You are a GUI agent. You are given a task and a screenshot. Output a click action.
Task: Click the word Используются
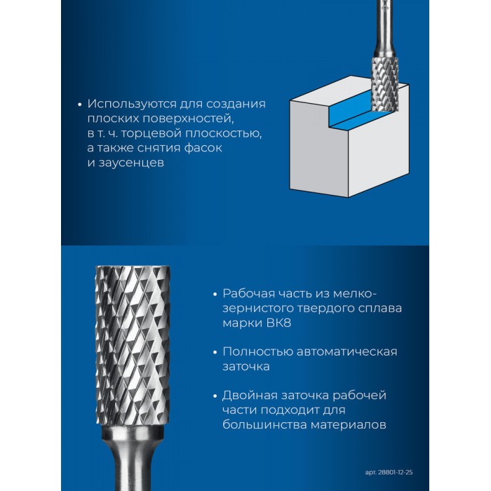click(132, 105)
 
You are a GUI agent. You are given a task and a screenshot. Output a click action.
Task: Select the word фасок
click(203, 148)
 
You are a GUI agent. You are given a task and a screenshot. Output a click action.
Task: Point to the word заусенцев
click(131, 163)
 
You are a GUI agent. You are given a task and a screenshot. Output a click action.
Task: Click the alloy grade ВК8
click(278, 323)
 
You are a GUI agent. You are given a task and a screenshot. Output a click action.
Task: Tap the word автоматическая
click(347, 351)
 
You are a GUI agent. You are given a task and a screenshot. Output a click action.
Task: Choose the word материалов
click(348, 425)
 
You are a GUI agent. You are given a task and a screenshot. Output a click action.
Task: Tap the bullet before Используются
click(79, 105)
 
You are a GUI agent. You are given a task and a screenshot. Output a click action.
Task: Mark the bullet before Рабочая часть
click(215, 295)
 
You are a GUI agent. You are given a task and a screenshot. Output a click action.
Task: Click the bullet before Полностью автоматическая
click(215, 352)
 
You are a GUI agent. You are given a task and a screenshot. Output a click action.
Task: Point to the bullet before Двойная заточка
click(215, 396)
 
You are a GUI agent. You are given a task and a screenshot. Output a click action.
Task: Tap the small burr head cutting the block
click(385, 85)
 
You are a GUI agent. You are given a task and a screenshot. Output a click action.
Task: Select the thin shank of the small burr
click(386, 28)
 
